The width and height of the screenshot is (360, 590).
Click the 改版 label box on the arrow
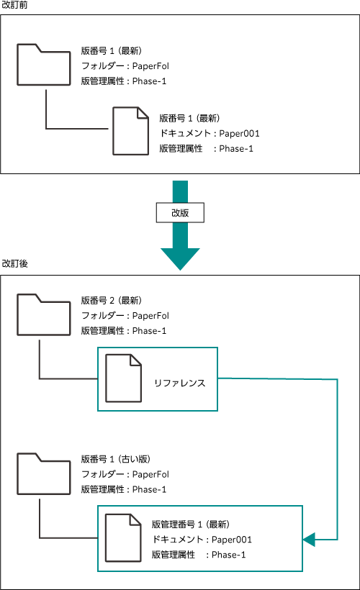[x=180, y=212]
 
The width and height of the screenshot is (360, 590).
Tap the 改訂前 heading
[x=14, y=5]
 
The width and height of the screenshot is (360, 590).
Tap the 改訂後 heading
[x=14, y=263]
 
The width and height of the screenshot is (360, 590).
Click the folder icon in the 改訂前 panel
[x=44, y=65]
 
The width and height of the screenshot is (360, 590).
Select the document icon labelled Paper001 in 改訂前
[x=130, y=131]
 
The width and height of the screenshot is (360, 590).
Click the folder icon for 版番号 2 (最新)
[x=44, y=314]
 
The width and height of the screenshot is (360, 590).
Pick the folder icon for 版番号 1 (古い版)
[x=44, y=473]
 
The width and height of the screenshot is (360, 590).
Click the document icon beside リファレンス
[x=124, y=378]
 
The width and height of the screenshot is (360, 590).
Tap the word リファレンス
[x=179, y=383]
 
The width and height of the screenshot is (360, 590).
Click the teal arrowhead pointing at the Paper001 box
[x=309, y=540]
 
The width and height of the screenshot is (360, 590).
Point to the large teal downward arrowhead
[x=180, y=259]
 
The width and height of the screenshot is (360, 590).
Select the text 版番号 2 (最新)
[x=112, y=300]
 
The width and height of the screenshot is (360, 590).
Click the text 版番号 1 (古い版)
[x=116, y=459]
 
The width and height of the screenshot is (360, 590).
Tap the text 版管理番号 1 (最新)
[x=191, y=524]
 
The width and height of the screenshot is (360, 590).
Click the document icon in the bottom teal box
[x=123, y=537]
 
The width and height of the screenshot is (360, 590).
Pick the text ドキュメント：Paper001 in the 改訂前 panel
[x=210, y=133]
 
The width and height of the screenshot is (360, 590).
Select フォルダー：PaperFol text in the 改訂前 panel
[x=125, y=66]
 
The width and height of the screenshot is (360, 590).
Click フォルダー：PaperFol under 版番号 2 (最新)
[x=125, y=316]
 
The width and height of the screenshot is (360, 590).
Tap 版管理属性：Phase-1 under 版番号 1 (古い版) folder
[x=124, y=489]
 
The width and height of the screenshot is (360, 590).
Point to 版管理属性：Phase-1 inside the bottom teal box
[x=199, y=555]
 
